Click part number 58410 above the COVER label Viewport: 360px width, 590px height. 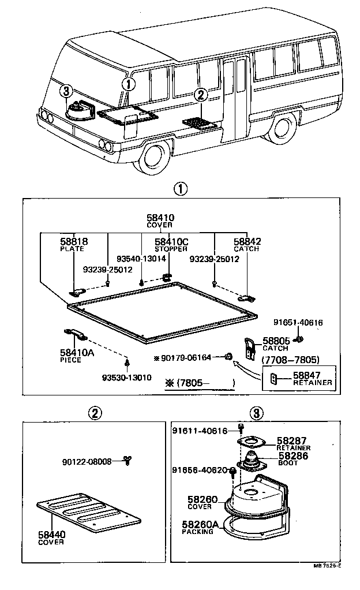pyautogui.click(x=160, y=218)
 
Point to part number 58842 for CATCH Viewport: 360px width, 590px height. pyautogui.click(x=246, y=241)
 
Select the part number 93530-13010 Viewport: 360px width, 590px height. pyautogui.click(x=126, y=378)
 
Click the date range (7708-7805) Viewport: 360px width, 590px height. pyautogui.click(x=290, y=360)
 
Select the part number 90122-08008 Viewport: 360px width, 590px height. pyautogui.click(x=87, y=462)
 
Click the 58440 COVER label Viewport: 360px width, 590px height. pyautogui.click(x=51, y=538)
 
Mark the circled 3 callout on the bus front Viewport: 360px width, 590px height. pyautogui.click(x=67, y=91)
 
